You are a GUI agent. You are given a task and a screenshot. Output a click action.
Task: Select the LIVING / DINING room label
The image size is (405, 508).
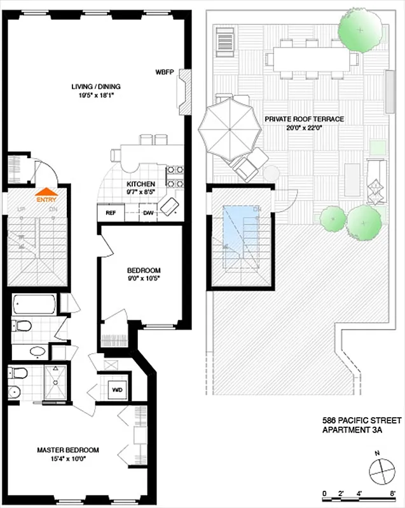coord(95,86)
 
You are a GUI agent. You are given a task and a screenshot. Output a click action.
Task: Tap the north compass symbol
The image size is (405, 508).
coord(381,471)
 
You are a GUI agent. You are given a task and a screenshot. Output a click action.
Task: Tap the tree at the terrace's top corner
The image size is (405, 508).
coord(360,29)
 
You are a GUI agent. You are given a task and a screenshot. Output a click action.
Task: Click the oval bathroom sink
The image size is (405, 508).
coord(38,350)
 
